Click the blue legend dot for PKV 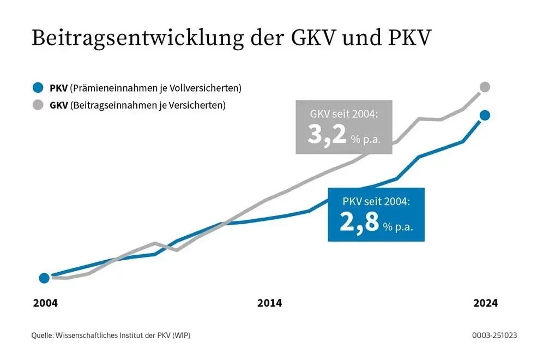[x=38, y=87]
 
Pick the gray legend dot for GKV [x=38, y=105]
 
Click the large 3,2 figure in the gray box [x=327, y=135]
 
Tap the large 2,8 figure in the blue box [x=359, y=222]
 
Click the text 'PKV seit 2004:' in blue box [x=376, y=202]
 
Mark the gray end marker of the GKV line [x=485, y=87]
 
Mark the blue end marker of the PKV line [x=485, y=115]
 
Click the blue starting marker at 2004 [x=45, y=278]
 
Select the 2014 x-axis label [x=269, y=303]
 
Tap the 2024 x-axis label [x=485, y=303]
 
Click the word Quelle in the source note [x=43, y=335]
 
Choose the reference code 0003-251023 [x=494, y=335]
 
